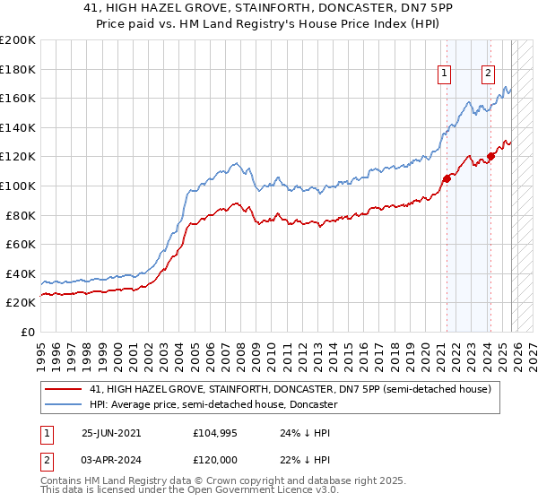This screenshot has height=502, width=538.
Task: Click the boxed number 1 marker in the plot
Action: tap(446, 74)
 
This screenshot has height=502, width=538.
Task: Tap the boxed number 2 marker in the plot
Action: tap(488, 74)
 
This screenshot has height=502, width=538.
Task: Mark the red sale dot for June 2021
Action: tap(447, 178)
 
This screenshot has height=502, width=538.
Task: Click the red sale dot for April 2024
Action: tap(491, 156)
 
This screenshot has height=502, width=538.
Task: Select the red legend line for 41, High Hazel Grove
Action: tap(62, 390)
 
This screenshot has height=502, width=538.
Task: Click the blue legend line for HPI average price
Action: tap(62, 404)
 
